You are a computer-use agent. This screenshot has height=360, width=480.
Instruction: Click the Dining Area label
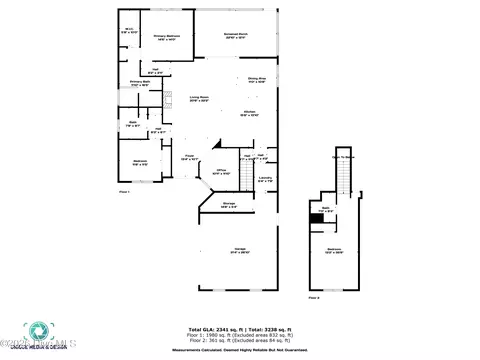pyautogui.click(x=256, y=80)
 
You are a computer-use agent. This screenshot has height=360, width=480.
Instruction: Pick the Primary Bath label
pyautogui.click(x=139, y=84)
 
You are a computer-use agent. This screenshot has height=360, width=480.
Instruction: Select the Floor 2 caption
pyautogui.click(x=314, y=297)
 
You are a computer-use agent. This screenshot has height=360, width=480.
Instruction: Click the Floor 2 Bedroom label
pyautogui.click(x=335, y=251)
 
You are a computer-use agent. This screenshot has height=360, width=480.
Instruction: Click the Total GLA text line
pyautogui.click(x=239, y=329)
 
